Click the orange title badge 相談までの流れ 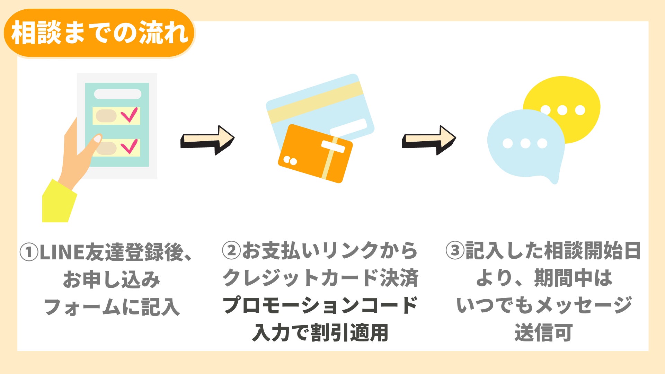tap(99, 33)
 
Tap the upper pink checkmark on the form tap(130, 115)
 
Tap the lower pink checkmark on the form tap(130, 146)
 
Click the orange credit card tap(315, 153)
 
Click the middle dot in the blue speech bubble tap(525, 143)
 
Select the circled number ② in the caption tap(231, 251)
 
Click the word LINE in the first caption tap(62, 252)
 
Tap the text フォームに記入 tap(112, 307)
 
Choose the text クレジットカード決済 tap(320, 278)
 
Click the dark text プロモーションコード tap(320, 305)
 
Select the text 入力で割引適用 tap(320, 333)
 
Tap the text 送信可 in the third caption tap(543, 333)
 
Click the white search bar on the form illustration tap(118, 94)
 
